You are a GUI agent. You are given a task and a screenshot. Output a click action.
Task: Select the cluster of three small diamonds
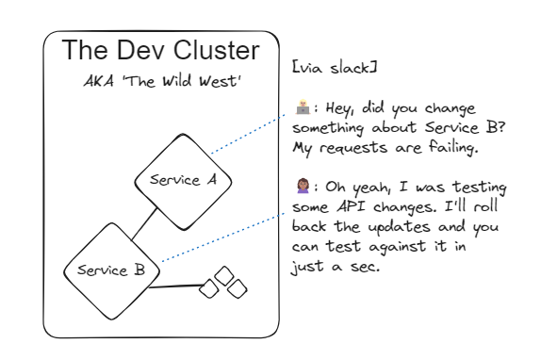click(223, 283)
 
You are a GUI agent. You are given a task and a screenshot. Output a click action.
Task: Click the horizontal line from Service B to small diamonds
click(177, 286)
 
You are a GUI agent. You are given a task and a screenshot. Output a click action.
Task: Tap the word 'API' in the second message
click(343, 209)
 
